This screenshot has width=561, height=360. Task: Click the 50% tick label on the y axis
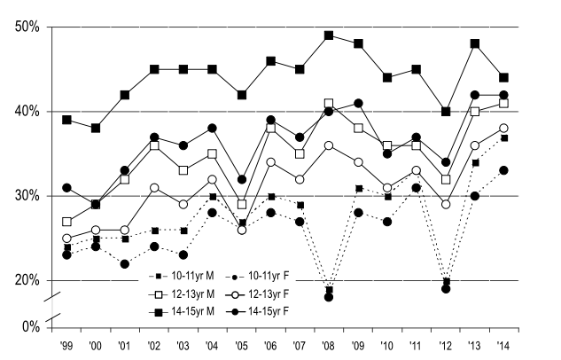click(27, 27)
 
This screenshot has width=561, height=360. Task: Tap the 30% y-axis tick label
click(27, 196)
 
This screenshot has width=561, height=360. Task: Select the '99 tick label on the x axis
click(66, 344)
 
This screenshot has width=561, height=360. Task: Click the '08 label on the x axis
click(329, 344)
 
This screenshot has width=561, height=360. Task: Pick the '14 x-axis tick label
click(503, 344)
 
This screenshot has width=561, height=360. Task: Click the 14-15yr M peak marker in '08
click(329, 35)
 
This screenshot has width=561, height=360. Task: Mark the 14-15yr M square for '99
click(66, 120)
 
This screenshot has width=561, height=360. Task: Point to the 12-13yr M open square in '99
click(66, 222)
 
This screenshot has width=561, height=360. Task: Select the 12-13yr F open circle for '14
click(503, 129)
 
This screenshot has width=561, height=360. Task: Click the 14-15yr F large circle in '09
click(358, 103)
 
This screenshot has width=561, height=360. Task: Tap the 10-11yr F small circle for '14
click(503, 170)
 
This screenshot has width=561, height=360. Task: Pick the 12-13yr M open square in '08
click(329, 103)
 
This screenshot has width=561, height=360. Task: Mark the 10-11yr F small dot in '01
click(125, 263)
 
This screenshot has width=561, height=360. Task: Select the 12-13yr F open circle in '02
click(154, 187)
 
